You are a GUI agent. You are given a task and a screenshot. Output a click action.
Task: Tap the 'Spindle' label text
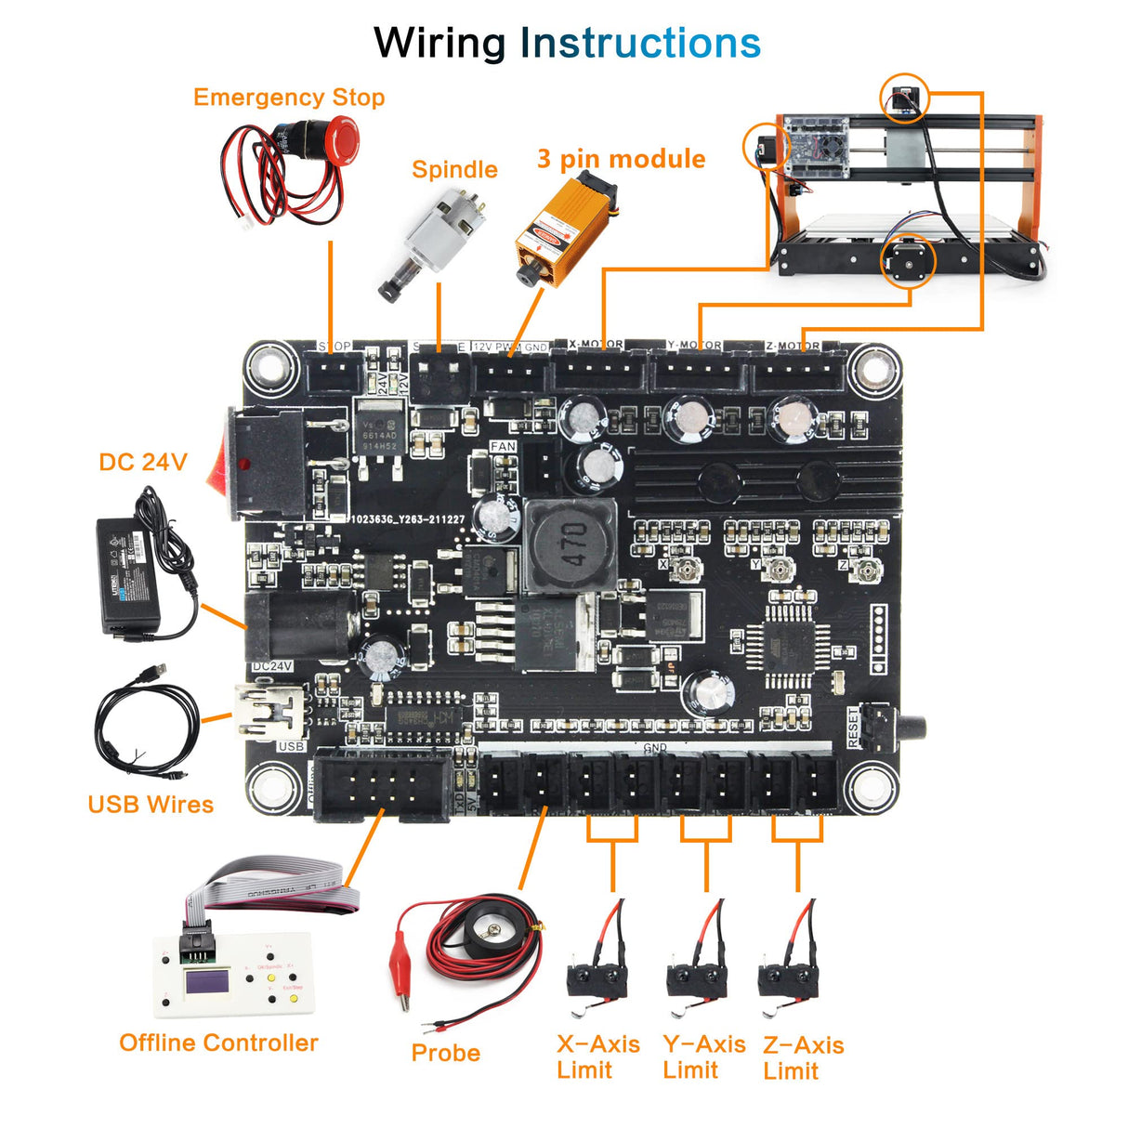[454, 170]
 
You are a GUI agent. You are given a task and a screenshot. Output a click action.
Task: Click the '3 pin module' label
[621, 159]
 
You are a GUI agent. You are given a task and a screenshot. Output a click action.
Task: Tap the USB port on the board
[269, 711]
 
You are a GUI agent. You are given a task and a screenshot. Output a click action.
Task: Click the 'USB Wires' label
[151, 805]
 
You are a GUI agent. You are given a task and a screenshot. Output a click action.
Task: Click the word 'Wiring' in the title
[439, 44]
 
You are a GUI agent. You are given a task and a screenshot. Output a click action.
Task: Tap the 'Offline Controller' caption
[218, 1043]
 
